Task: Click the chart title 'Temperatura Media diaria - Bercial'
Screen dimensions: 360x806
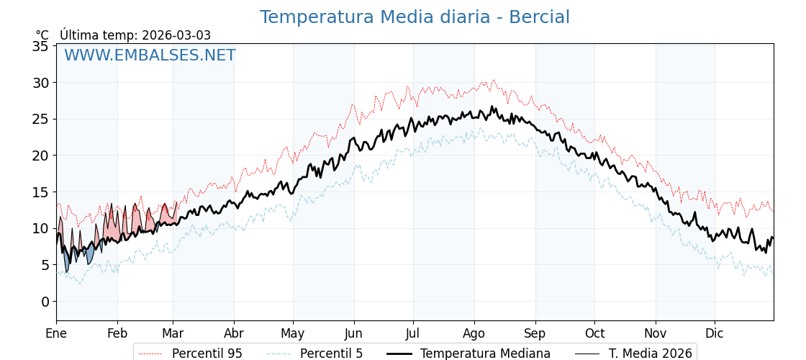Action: [x=415, y=17]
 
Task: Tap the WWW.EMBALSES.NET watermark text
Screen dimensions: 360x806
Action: [x=150, y=55]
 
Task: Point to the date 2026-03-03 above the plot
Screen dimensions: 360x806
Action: [x=176, y=35]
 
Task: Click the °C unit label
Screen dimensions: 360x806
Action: [x=42, y=35]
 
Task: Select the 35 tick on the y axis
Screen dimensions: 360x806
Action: [x=40, y=46]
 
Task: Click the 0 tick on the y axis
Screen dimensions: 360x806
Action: [x=45, y=301]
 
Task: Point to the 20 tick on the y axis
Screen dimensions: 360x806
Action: [x=40, y=156]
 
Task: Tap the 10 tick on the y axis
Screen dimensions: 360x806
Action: [x=40, y=228]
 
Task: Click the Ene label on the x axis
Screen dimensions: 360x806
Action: [x=56, y=333]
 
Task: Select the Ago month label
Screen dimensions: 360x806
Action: [x=474, y=333]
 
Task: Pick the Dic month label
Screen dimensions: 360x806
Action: [x=715, y=333]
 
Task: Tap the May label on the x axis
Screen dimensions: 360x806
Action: [x=293, y=333]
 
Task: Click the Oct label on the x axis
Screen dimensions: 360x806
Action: [x=594, y=333]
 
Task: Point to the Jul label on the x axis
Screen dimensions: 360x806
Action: [x=413, y=333]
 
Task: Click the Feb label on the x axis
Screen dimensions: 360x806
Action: [x=117, y=333]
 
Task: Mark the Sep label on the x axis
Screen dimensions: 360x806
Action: [x=535, y=333]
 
